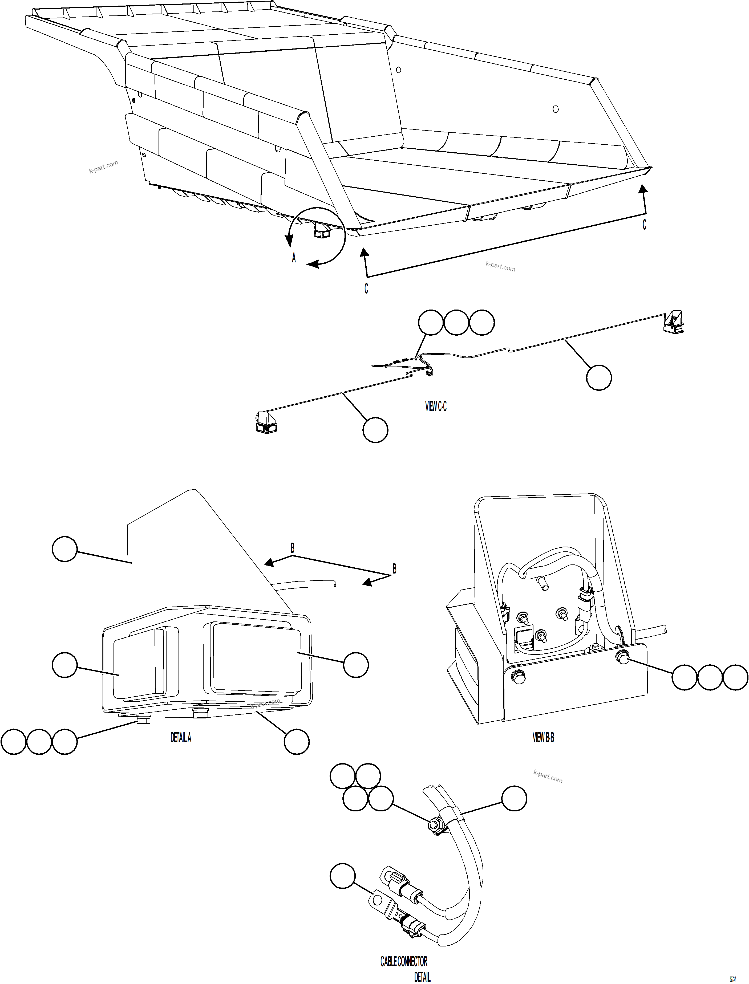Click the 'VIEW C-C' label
click(x=436, y=406)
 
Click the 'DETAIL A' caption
click(x=181, y=738)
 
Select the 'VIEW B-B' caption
click(x=543, y=738)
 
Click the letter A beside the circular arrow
click(x=294, y=258)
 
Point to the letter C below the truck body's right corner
click(x=644, y=225)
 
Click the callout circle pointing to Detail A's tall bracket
click(x=65, y=549)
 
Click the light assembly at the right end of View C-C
click(x=674, y=323)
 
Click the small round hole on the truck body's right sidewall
click(x=555, y=109)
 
